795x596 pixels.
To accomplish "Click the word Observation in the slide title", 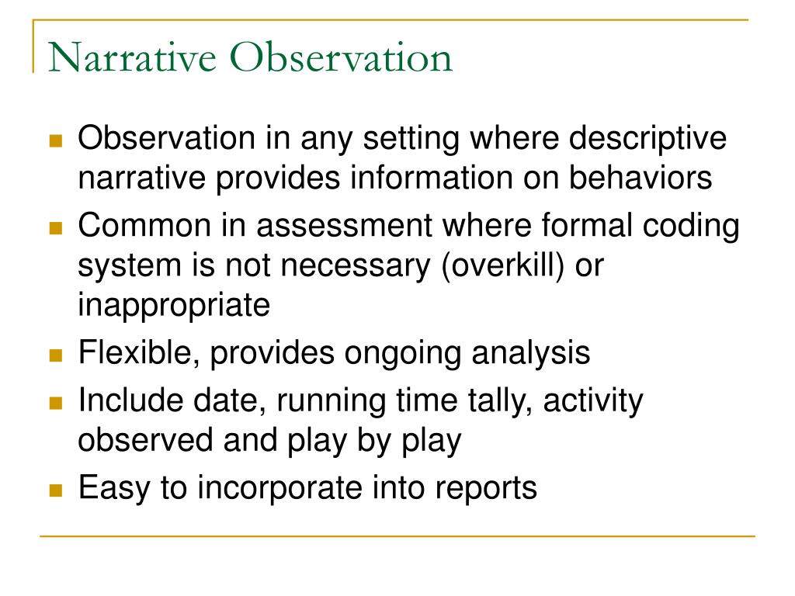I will click(x=345, y=58).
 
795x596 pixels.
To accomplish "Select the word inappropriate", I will click(x=173, y=305).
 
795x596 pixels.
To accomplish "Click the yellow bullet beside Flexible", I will click(x=55, y=356).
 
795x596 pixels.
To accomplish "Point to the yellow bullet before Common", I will click(x=55, y=228).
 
